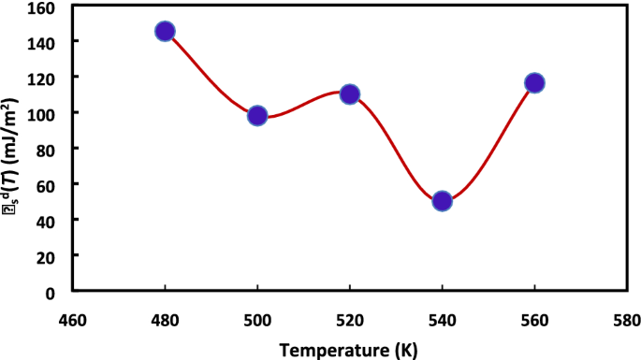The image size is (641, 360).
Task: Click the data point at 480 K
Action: [x=166, y=32]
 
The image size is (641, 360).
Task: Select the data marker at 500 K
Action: [x=257, y=116]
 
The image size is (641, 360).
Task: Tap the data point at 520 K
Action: [x=350, y=94]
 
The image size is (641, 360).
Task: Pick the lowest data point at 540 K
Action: [x=443, y=201]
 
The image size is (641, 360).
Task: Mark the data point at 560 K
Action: [x=534, y=83]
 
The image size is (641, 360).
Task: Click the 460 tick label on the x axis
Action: [x=73, y=320]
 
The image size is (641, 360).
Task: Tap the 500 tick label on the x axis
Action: [x=257, y=320]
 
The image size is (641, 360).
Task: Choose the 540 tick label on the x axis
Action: [x=443, y=320]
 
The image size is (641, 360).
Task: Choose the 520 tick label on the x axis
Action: [x=350, y=320]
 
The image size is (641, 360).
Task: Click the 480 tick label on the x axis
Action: [x=166, y=320]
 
